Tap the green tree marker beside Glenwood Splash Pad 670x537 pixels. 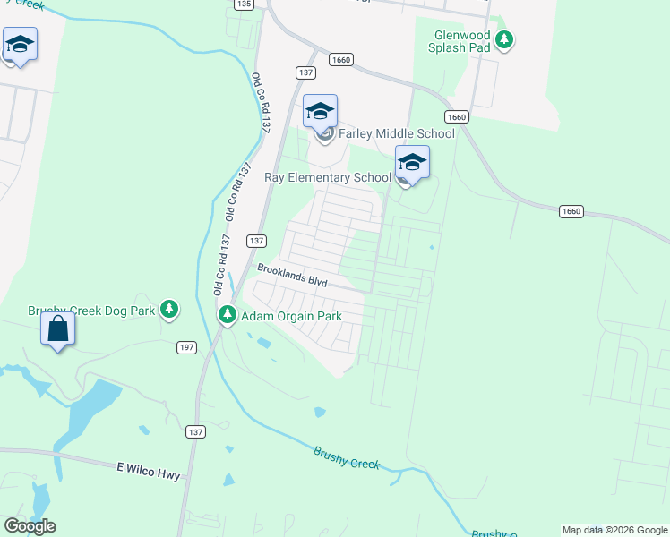coord(505,38)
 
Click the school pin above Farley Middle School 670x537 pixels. coord(320,112)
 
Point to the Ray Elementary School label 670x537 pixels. coord(328,177)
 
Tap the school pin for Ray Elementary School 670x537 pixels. coord(412,163)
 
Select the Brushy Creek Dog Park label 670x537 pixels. coord(91,311)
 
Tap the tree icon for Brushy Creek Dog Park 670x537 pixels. coord(168,311)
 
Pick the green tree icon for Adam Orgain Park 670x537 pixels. coord(228,315)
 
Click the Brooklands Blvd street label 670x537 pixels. coord(292,274)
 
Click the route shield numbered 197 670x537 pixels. coord(186,346)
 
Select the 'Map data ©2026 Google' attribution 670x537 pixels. coord(614,530)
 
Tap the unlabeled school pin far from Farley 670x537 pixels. coord(19,45)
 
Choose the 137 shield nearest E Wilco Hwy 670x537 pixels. coord(195,431)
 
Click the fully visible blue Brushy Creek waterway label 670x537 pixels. coord(347,458)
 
